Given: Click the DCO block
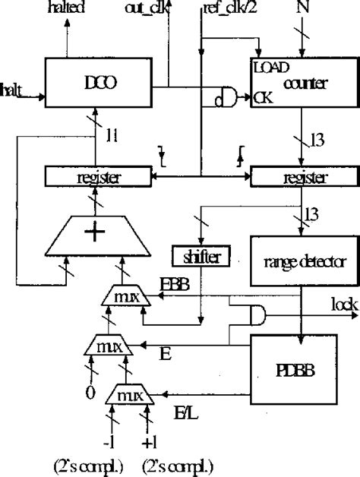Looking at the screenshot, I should coord(99,83).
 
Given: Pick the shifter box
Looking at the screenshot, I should coord(201,257).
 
